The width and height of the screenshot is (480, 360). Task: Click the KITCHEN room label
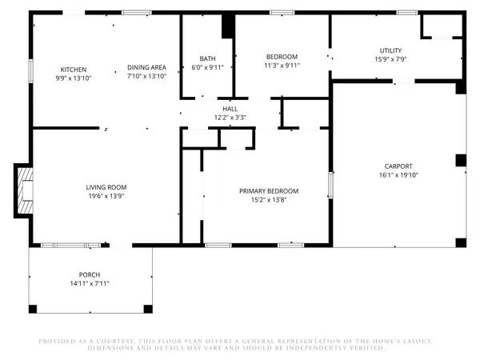tap(74, 70)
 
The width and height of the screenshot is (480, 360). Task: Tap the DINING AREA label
tap(146, 67)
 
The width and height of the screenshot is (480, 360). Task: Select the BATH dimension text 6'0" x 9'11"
tap(207, 67)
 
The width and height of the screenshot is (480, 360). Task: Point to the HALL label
tap(230, 109)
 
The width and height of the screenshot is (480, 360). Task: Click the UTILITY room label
tap(390, 50)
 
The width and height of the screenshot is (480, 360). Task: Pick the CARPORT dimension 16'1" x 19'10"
tap(398, 175)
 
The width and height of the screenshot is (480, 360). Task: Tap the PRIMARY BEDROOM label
tap(269, 191)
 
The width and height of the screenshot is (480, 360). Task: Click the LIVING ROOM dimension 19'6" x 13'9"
tap(106, 196)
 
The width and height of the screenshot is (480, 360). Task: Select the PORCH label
tap(90, 274)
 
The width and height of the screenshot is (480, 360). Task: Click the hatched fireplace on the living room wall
tap(24, 190)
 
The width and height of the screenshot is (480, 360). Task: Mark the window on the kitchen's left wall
tap(31, 71)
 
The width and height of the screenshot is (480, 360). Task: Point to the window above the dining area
tap(137, 13)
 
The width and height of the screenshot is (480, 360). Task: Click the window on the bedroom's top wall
tap(282, 13)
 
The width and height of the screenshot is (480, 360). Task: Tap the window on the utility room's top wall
tap(407, 13)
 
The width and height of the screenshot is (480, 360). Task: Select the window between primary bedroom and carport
tap(330, 185)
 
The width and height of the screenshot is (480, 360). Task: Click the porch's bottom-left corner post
tap(33, 309)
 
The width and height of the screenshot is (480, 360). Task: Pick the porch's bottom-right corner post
tap(148, 309)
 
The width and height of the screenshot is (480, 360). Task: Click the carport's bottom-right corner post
tap(461, 242)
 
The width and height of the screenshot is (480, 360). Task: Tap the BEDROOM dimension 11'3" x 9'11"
tap(282, 66)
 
